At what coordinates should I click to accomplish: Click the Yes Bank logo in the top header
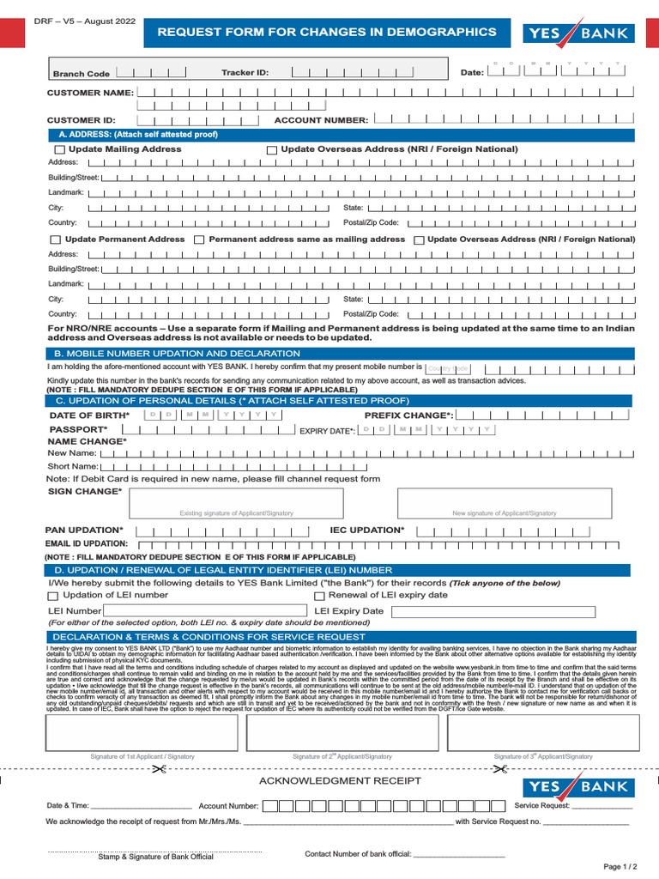578,33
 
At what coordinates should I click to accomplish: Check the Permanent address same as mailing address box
199,240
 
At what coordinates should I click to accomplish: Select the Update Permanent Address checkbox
56,240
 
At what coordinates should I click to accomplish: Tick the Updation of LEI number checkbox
53,596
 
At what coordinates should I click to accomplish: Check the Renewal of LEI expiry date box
319,596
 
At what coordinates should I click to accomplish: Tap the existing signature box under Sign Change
236,504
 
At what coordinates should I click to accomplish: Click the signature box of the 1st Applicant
142,730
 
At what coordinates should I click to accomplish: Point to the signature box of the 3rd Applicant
544,730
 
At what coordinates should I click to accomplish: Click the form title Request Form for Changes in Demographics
326,32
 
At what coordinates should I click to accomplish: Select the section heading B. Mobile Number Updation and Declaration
165,354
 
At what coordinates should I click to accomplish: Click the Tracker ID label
245,73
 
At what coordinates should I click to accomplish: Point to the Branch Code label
82,74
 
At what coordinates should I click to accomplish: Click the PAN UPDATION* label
84,530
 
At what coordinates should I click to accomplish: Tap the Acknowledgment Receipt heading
340,780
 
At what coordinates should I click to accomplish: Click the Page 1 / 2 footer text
620,867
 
